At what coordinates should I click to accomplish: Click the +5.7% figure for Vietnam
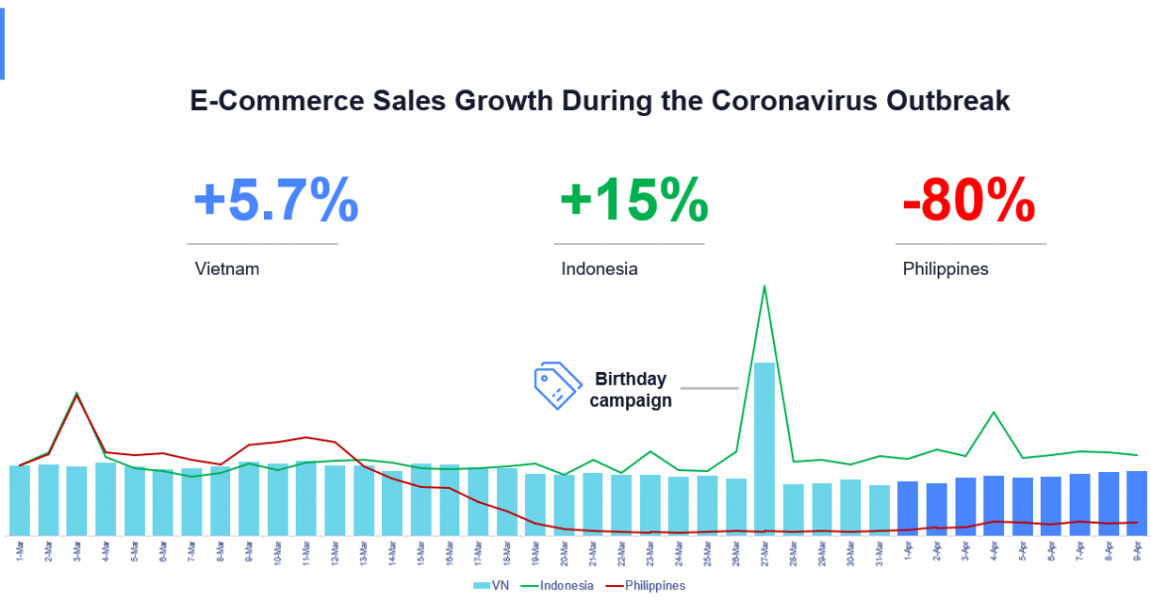coord(275,201)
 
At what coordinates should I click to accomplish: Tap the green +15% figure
coord(633,201)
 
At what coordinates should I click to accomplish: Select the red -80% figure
coord(968,201)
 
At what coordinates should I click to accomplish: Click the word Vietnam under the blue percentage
coord(227,269)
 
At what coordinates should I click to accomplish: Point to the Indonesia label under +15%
coord(599,269)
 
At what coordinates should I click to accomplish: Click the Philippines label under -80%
coord(946,269)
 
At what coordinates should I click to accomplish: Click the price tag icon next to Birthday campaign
coord(558,387)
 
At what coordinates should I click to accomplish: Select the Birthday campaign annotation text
coord(630,390)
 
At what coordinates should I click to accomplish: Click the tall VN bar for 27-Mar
coord(764,446)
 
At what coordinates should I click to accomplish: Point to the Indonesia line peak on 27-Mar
coord(764,287)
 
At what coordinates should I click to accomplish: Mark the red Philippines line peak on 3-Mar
coord(76,397)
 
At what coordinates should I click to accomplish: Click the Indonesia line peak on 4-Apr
coord(993,413)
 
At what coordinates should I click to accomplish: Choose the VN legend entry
coord(491,586)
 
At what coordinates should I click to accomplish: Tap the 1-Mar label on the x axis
coord(20,550)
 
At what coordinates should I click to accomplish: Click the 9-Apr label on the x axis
coord(1137,550)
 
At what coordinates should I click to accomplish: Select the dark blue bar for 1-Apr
coord(907,507)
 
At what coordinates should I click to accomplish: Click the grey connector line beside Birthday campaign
coord(709,388)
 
